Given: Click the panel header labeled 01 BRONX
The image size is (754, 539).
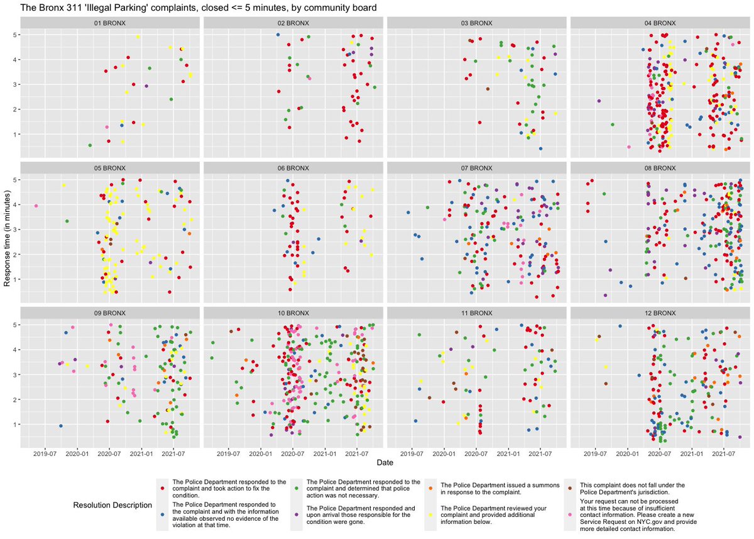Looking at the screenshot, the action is pyautogui.click(x=110, y=23).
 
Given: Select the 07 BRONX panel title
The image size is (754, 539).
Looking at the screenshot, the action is pyautogui.click(x=477, y=168).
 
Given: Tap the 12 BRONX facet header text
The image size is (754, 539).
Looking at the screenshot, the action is pyautogui.click(x=660, y=313).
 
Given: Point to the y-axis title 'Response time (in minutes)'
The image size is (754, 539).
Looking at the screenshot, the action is pyautogui.click(x=7, y=238).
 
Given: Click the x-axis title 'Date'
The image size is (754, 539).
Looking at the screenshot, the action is pyautogui.click(x=385, y=462).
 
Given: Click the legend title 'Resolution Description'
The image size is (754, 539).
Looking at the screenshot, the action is pyautogui.click(x=112, y=505).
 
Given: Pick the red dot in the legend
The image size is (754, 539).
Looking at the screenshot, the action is pyautogui.click(x=162, y=488).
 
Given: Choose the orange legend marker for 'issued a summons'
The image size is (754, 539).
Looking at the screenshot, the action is pyautogui.click(x=430, y=488).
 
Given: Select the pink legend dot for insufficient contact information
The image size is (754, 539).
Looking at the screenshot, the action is pyautogui.click(x=570, y=514).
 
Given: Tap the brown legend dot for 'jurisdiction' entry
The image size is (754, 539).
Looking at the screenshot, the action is pyautogui.click(x=570, y=488).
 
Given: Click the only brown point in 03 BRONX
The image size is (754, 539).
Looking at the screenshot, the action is pyautogui.click(x=488, y=89).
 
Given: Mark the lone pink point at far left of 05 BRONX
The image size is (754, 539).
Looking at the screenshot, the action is pyautogui.click(x=36, y=206).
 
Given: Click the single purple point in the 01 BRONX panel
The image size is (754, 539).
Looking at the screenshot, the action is pyautogui.click(x=146, y=86).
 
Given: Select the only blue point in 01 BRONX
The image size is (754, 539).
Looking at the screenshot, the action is pyautogui.click(x=122, y=125).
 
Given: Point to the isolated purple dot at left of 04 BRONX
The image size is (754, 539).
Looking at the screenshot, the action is pyautogui.click(x=599, y=101).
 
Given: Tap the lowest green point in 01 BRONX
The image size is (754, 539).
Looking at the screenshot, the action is pyautogui.click(x=90, y=145).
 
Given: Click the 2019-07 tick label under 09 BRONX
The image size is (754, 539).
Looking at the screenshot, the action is pyautogui.click(x=45, y=453).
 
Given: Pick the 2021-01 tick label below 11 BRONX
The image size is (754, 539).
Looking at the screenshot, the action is pyautogui.click(x=508, y=453).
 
